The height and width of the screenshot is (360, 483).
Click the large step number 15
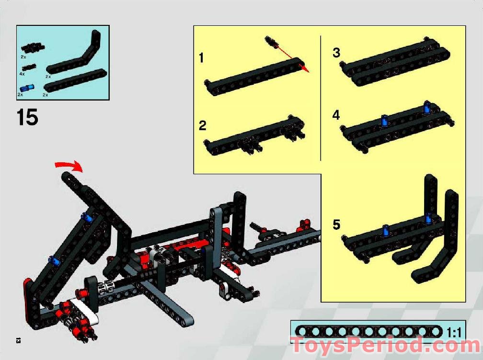(27, 117)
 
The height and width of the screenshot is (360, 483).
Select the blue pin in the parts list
(27, 88)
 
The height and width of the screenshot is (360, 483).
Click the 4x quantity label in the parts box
(22, 74)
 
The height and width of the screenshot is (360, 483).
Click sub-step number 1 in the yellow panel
(201, 58)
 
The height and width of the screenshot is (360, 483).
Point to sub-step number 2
(203, 126)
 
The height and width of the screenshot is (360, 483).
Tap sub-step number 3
(336, 53)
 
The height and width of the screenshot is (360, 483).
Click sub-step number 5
(336, 224)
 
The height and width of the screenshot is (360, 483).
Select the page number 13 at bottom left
(18, 340)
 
